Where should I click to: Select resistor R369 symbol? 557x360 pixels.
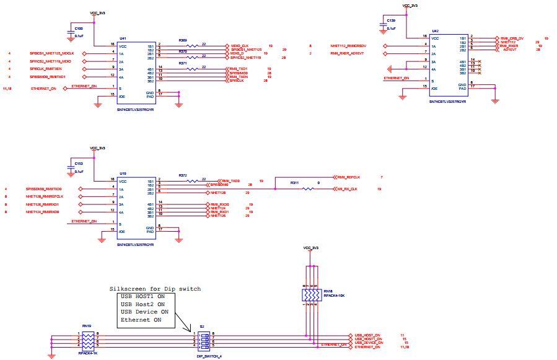pos(193,45)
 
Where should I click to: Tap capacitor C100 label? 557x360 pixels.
pos(79,29)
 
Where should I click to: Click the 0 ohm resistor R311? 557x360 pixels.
pos(308,189)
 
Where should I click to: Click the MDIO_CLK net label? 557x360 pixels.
pos(240,45)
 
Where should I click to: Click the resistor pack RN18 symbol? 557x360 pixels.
pos(312,296)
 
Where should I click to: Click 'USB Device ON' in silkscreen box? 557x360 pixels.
pos(144,312)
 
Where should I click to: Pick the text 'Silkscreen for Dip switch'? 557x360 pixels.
pos(155,289)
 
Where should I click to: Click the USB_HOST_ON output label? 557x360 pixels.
pos(367,335)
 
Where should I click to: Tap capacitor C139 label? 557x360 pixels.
pos(391,21)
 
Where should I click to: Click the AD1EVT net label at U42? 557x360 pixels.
pos(511,49)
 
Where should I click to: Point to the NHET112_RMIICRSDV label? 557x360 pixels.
pos(349,46)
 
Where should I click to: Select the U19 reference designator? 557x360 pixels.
pos(123,173)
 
